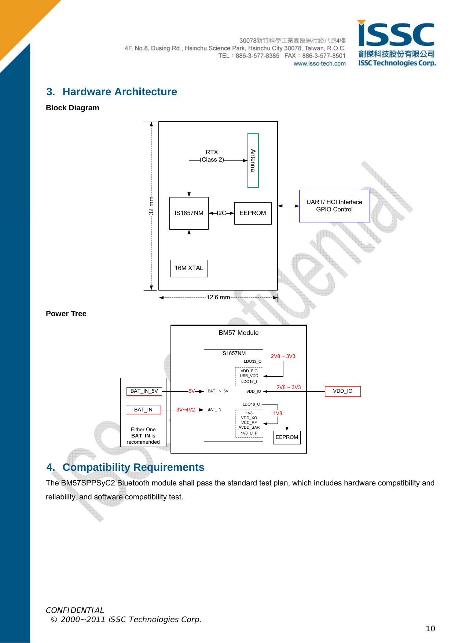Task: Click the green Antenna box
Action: [253, 160]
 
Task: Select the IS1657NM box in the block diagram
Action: [189, 213]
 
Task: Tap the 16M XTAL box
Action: [189, 268]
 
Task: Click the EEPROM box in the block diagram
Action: [253, 213]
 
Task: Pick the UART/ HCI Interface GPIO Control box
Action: [334, 206]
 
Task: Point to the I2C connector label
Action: [221, 213]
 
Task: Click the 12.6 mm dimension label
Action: [218, 297]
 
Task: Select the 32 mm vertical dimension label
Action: [151, 206]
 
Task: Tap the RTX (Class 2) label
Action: [212, 156]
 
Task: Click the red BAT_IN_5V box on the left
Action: [144, 391]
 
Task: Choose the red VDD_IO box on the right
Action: [342, 391]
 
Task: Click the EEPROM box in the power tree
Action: [287, 437]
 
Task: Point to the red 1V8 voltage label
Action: [278, 413]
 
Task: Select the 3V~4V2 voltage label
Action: [186, 410]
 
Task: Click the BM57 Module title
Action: [239, 333]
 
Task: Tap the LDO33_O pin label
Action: [253, 361]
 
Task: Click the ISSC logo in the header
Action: [396, 43]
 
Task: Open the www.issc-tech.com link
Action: [319, 63]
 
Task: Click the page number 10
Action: [430, 629]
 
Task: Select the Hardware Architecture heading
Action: [120, 92]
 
